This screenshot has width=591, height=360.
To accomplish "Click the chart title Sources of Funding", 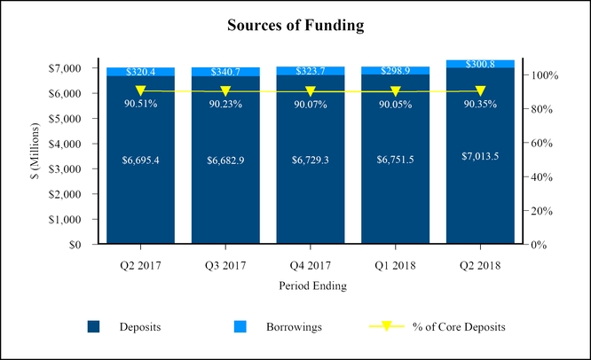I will click(x=295, y=26).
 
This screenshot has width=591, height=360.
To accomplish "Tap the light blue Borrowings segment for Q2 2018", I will click(x=480, y=64).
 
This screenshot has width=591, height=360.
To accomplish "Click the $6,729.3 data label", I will click(x=311, y=160).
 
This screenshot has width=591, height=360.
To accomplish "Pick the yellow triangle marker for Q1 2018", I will click(x=396, y=91).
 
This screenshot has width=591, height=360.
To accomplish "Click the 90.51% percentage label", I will click(x=140, y=104).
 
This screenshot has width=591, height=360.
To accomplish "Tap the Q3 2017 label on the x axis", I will click(x=225, y=264).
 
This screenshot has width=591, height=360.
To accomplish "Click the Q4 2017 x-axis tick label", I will click(x=311, y=264).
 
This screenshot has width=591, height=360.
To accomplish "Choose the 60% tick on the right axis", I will click(x=544, y=143).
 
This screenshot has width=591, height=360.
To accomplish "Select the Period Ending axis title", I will click(x=311, y=286).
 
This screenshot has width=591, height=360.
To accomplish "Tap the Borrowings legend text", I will click(x=294, y=327).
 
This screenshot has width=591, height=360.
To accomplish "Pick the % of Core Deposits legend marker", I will click(x=386, y=327).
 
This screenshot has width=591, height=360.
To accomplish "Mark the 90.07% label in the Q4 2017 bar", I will click(x=311, y=104).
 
